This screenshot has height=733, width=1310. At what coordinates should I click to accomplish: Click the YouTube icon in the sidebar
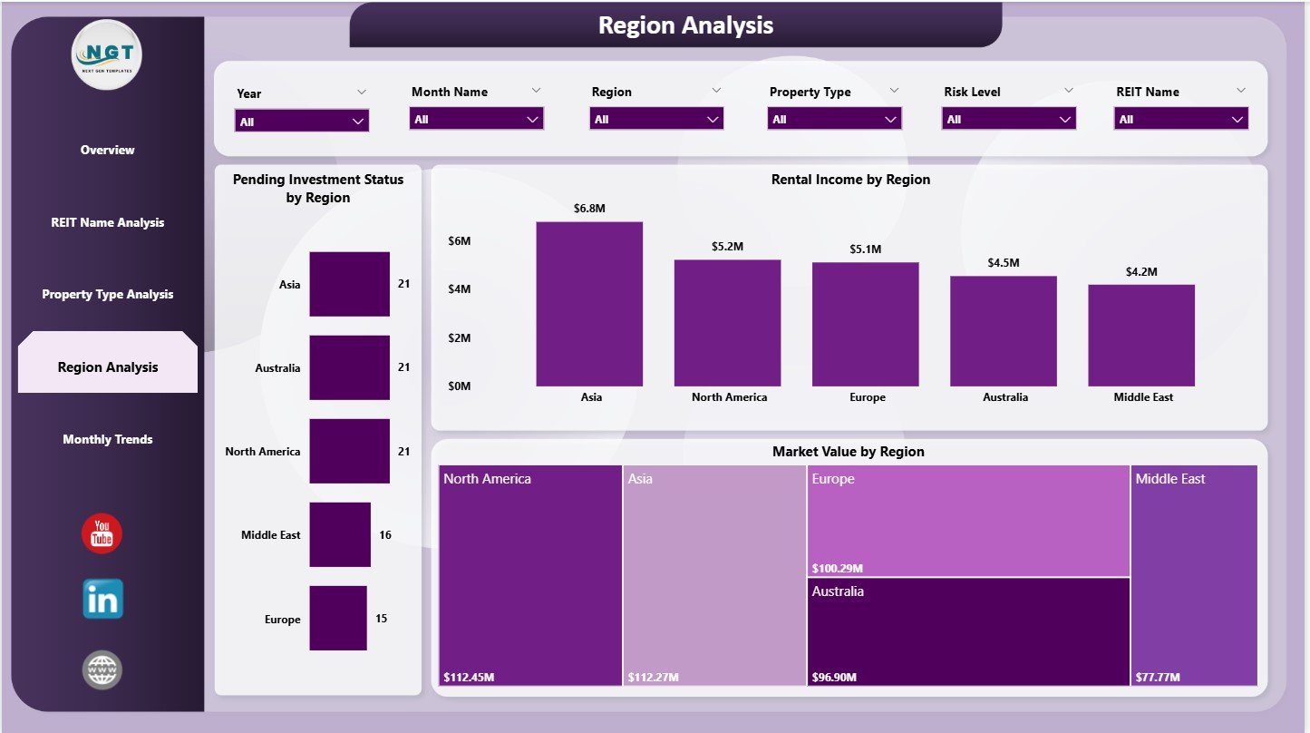tap(102, 533)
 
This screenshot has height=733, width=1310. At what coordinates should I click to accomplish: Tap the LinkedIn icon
tap(102, 599)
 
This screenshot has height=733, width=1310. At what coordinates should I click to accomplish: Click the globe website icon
tap(102, 670)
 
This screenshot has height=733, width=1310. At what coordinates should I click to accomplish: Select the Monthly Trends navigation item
tap(107, 439)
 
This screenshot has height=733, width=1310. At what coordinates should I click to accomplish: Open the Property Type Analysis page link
tap(107, 294)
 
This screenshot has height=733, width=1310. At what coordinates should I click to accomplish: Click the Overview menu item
tap(107, 150)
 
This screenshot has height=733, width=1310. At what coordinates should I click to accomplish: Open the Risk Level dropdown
tap(1009, 119)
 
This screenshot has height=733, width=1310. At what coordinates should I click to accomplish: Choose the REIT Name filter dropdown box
tap(1180, 119)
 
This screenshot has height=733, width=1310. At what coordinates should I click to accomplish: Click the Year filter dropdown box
tap(301, 121)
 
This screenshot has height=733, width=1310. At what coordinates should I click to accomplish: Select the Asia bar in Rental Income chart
tap(589, 304)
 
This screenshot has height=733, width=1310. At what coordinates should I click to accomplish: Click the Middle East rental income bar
tap(1141, 335)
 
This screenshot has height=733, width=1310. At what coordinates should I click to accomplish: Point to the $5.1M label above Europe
tap(865, 249)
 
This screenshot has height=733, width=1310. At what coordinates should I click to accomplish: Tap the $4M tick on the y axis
tap(459, 288)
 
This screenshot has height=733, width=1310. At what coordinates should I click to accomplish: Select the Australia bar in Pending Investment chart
tap(349, 367)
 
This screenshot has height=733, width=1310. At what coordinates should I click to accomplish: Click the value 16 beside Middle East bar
tap(385, 535)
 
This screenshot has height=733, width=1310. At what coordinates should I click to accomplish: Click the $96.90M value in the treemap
tap(838, 677)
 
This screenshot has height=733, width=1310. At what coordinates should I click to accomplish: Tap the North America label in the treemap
tap(487, 479)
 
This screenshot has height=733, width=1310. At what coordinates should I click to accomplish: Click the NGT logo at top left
tap(107, 54)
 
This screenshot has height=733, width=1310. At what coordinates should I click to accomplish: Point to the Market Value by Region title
tap(848, 451)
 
